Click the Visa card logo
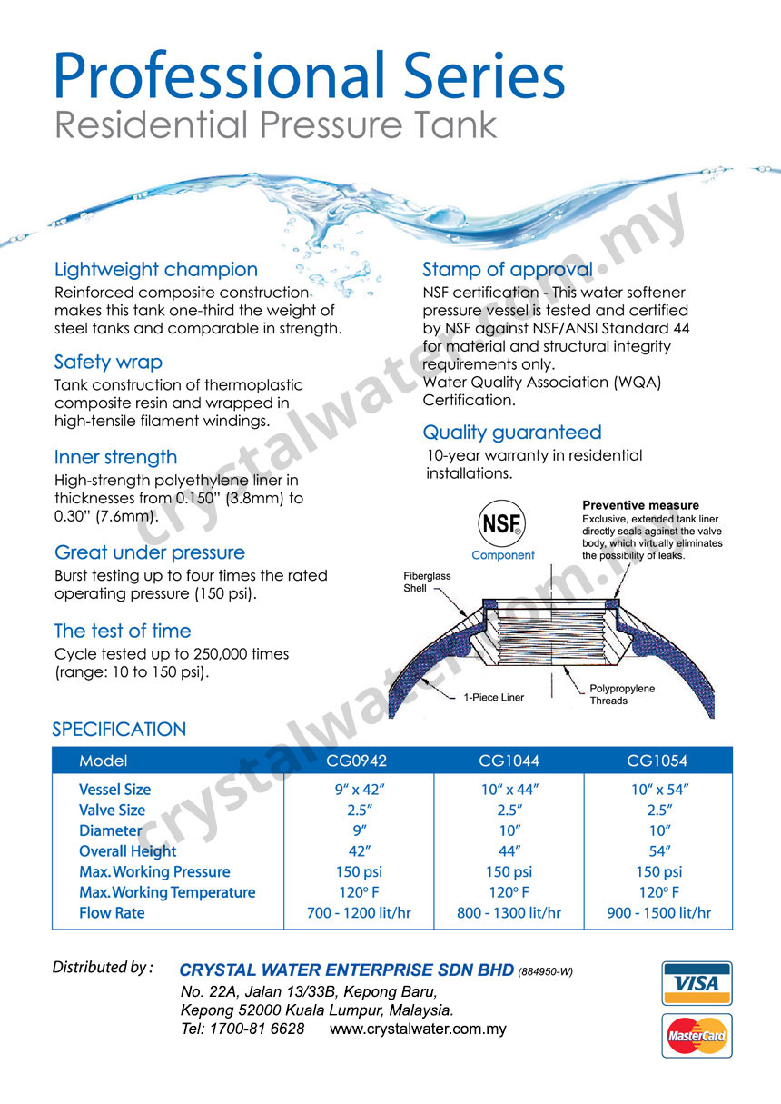[697, 982]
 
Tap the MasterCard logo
[697, 1035]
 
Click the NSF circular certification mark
[502, 524]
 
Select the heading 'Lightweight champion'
[156, 270]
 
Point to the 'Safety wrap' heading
[108, 363]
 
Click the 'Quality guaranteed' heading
[512, 433]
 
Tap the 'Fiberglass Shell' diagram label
[427, 582]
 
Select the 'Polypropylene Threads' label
[622, 695]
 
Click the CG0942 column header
[360, 761]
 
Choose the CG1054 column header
[658, 761]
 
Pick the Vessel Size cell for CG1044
[509, 790]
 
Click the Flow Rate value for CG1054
[658, 913]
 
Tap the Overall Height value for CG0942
[360, 851]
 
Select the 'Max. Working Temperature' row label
[167, 892]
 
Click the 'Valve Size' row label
[112, 811]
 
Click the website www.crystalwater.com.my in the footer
[418, 1029]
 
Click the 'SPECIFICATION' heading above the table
[119, 730]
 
